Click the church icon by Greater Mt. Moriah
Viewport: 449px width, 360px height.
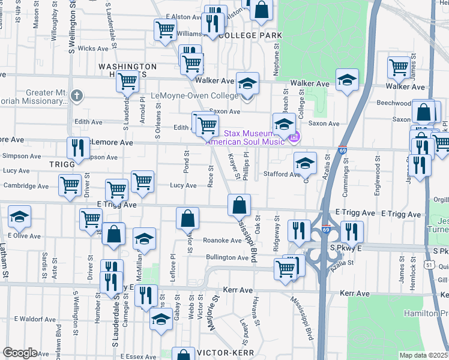[x=76, y=95]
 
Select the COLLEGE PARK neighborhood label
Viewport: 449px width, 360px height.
[x=251, y=36]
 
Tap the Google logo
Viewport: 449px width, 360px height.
[x=20, y=352]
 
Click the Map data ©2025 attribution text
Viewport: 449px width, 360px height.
[x=423, y=355]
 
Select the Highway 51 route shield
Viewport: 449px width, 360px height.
[x=427, y=263]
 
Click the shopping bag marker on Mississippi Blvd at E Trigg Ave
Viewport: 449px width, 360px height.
[x=239, y=205]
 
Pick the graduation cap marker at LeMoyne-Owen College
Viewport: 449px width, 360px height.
[x=247, y=84]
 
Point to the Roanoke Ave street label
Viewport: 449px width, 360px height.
[x=222, y=240]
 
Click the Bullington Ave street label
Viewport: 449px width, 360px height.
[x=227, y=257]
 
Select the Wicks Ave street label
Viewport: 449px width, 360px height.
[x=91, y=48]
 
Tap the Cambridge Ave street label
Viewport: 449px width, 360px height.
[x=26, y=186]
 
